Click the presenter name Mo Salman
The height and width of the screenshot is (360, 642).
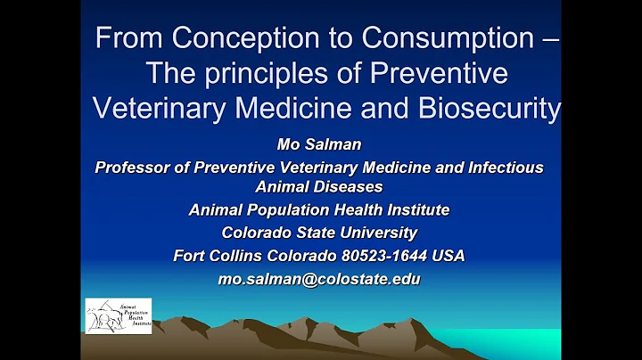click(x=318, y=145)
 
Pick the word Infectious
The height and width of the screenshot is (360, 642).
click(x=502, y=167)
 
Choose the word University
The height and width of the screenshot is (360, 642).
click(x=375, y=233)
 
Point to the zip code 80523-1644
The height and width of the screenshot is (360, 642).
click(x=384, y=256)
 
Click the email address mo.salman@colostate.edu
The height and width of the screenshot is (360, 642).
click(x=318, y=279)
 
